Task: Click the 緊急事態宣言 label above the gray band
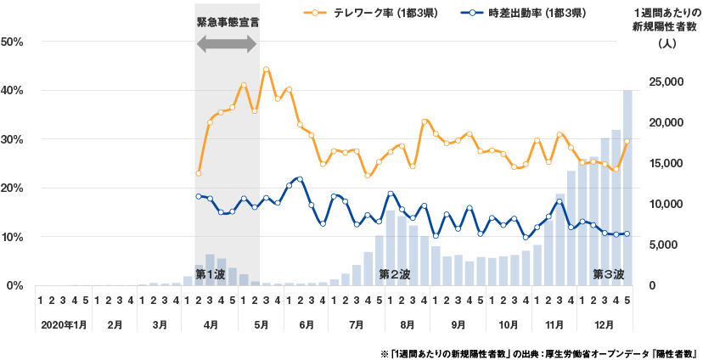[x=226, y=22]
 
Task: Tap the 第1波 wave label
[x=210, y=274]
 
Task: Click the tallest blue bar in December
[x=627, y=187]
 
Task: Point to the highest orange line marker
[x=266, y=69]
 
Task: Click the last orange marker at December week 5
[x=627, y=142]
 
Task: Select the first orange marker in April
[x=199, y=173]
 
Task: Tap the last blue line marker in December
[x=627, y=233]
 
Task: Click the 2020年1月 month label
[x=62, y=325]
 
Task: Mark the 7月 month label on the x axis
[x=351, y=325]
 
